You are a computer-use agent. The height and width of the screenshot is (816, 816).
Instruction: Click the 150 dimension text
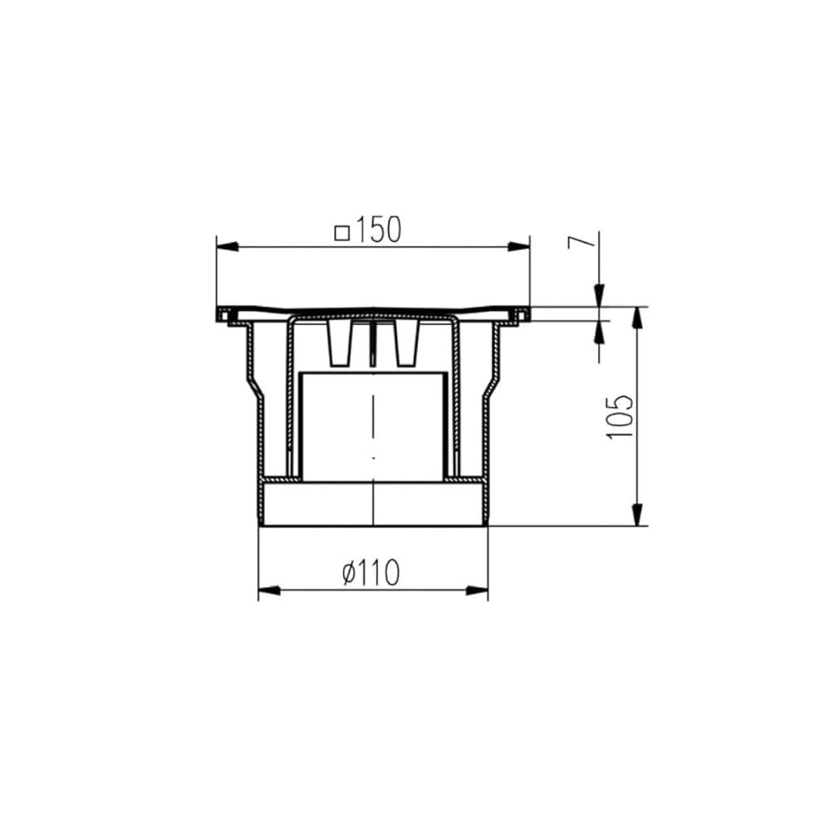click(379, 230)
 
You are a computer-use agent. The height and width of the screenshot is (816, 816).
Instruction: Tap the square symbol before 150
click(343, 232)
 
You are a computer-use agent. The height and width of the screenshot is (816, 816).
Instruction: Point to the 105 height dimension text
click(620, 416)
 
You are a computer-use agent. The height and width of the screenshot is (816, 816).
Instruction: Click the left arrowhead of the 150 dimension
click(226, 246)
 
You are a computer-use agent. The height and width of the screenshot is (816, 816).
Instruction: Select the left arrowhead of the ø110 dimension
click(269, 591)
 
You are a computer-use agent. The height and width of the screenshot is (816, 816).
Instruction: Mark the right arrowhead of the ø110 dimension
click(476, 591)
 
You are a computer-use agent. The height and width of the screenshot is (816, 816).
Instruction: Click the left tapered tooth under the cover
click(340, 344)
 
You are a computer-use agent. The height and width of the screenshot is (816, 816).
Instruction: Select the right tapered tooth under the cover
click(405, 344)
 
